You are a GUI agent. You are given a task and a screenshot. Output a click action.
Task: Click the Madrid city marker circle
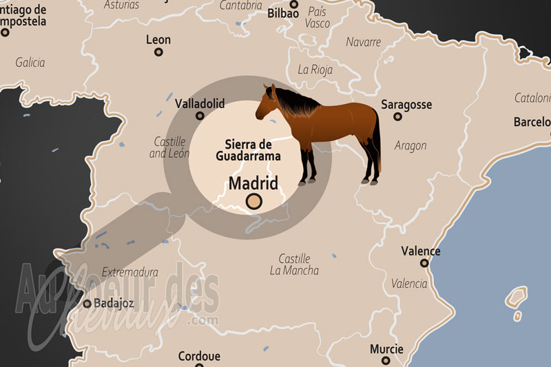tap(254, 201)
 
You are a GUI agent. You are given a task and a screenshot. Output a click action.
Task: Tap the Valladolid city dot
tap(200, 116)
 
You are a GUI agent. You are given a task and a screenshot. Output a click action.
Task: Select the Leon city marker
tap(158, 52)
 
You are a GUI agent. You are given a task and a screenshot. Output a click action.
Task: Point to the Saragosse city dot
tap(397, 116)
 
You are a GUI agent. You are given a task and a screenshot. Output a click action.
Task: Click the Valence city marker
tap(424, 263)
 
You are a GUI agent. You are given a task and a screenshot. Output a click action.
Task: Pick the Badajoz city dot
tap(87, 303)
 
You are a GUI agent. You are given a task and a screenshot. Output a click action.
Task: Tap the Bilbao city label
tap(283, 13)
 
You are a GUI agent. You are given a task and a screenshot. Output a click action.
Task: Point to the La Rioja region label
tap(315, 70)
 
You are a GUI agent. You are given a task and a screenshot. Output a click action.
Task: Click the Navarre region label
tap(363, 42)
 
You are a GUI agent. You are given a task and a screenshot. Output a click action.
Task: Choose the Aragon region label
tap(410, 145)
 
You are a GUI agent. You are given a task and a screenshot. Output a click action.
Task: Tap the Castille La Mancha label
tap(294, 264)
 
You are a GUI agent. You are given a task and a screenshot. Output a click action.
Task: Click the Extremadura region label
tap(129, 272)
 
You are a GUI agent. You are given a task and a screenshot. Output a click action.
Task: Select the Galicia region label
tap(30, 63)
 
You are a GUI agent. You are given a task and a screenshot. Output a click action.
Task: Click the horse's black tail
tap(377, 141)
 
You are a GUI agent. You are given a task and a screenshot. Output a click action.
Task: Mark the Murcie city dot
tap(386, 359)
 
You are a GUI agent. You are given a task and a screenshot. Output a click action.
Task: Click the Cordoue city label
tap(199, 357)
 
